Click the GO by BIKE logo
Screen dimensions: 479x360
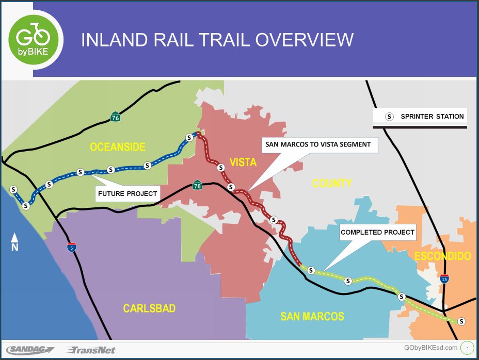click(x=34, y=40)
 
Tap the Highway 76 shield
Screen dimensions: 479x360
click(x=115, y=117)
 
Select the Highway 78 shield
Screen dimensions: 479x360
click(x=197, y=185)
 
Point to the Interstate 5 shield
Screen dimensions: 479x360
click(x=71, y=247)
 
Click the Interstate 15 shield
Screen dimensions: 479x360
click(x=444, y=279)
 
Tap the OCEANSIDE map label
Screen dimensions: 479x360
click(x=118, y=147)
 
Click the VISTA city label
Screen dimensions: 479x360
click(x=243, y=162)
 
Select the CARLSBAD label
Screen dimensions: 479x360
click(x=149, y=308)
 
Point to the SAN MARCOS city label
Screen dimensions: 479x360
click(x=312, y=316)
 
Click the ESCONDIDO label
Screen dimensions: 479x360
click(x=442, y=256)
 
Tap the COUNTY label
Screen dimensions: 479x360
click(x=332, y=183)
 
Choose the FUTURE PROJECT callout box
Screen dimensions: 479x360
click(x=127, y=193)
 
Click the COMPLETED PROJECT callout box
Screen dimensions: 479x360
click(x=378, y=232)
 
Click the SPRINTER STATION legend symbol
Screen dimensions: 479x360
click(x=389, y=117)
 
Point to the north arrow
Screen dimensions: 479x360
click(x=14, y=242)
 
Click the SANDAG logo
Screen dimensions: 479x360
click(x=30, y=350)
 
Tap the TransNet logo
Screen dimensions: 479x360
click(x=90, y=350)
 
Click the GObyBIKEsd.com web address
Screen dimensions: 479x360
click(x=430, y=348)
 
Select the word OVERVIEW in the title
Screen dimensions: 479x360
click(x=305, y=40)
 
